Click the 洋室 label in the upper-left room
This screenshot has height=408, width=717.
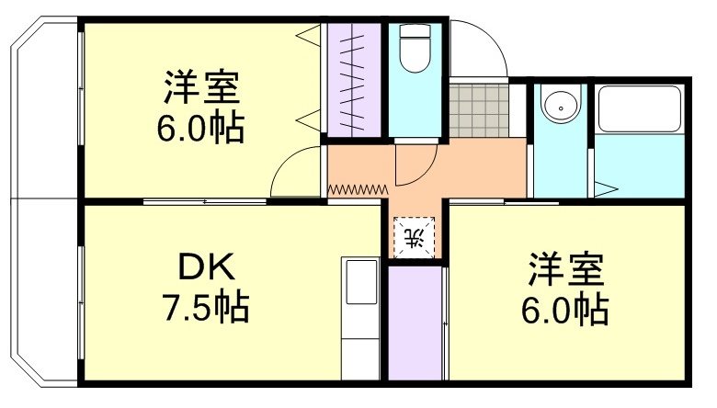pyautogui.click(x=201, y=89)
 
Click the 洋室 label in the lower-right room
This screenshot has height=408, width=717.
pyautogui.click(x=565, y=271)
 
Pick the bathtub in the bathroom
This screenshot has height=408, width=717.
pyautogui.click(x=638, y=110)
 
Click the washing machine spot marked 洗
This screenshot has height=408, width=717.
pyautogui.click(x=415, y=237)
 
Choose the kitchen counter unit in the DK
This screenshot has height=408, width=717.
pyautogui.click(x=360, y=317)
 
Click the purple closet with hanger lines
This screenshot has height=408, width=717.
pyautogui.click(x=355, y=78)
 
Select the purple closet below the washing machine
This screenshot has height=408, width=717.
pyautogui.click(x=414, y=322)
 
